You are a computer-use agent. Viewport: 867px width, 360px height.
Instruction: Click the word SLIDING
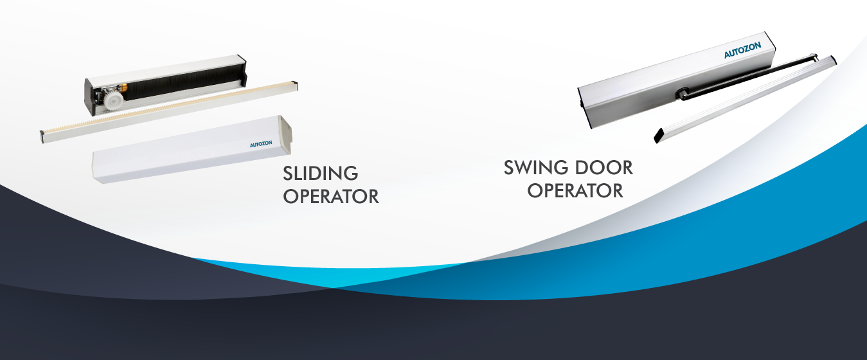click(x=320, y=174)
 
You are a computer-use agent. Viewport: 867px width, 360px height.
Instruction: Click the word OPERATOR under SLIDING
click(x=331, y=196)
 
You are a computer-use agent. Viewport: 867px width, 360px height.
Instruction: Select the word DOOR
click(x=602, y=168)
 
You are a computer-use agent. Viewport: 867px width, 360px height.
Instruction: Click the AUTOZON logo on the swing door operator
click(x=742, y=51)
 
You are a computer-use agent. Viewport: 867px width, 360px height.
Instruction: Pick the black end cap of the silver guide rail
click(x=659, y=136)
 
